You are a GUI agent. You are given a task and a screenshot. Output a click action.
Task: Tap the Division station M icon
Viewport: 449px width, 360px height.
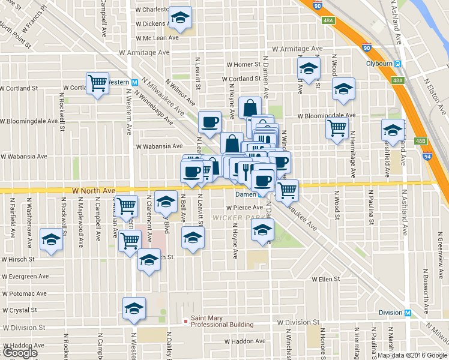click(x=408, y=313)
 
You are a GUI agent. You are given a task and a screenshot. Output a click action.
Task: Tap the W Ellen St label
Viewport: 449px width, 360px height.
click(x=325, y=279)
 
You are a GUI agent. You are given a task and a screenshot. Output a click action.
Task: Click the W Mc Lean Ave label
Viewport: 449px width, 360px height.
click(x=157, y=37)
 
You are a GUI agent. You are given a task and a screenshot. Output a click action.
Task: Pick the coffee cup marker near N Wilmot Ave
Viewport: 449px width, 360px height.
click(x=209, y=122)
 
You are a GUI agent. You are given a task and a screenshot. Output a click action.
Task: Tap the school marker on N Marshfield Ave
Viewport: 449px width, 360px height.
click(x=393, y=130)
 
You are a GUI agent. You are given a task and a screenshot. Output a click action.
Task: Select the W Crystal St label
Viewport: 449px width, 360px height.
click(x=20, y=311)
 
